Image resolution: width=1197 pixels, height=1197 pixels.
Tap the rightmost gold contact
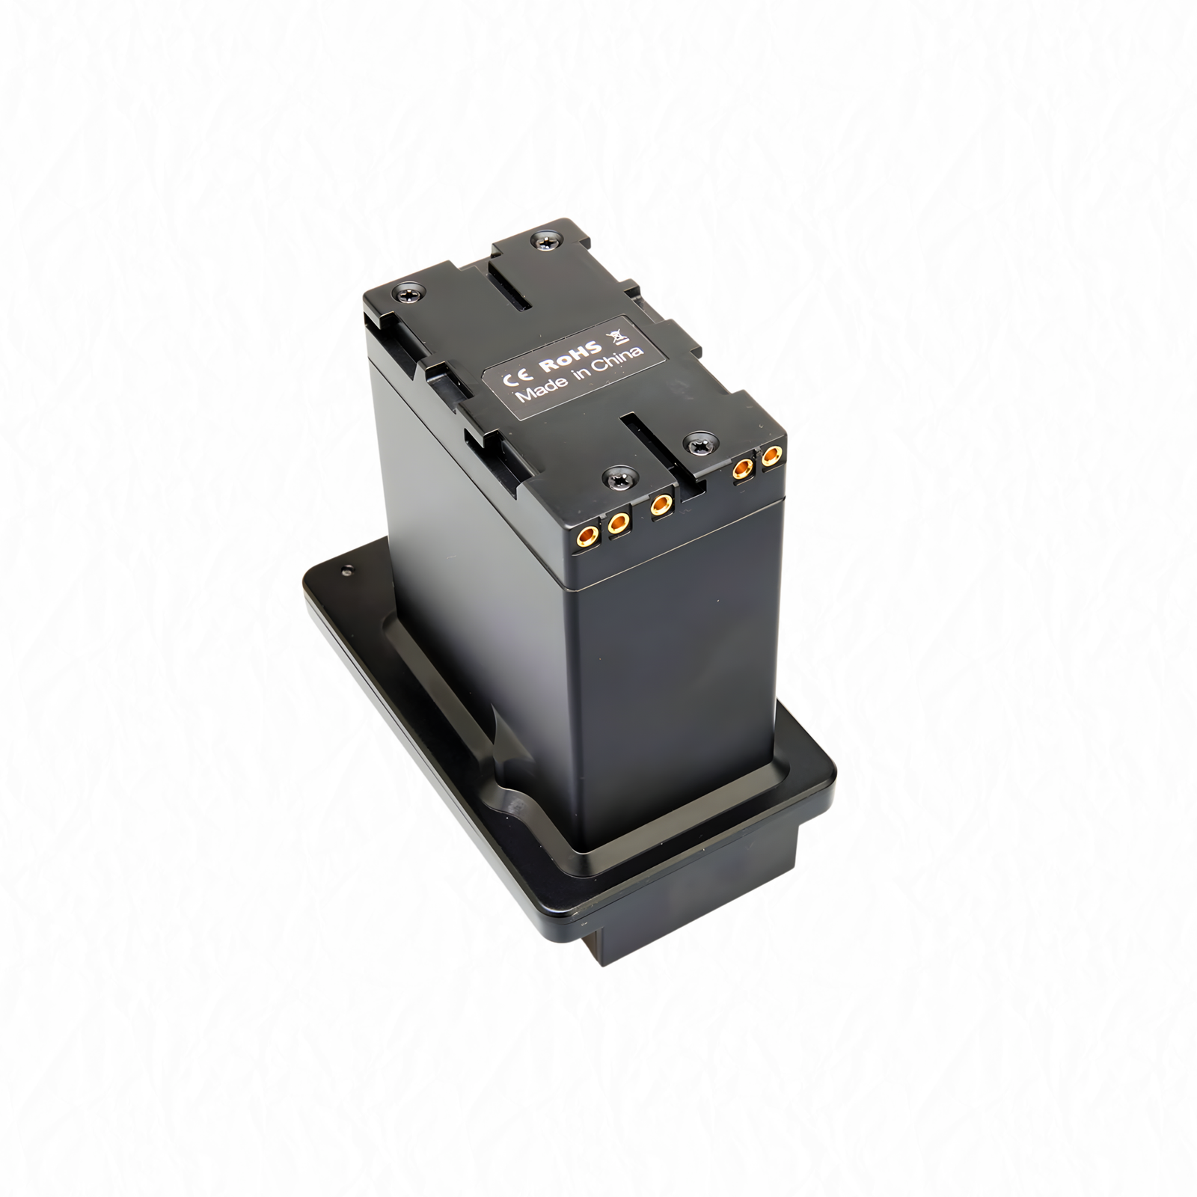[x=771, y=456]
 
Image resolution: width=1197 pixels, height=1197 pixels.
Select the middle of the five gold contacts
[x=660, y=506]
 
